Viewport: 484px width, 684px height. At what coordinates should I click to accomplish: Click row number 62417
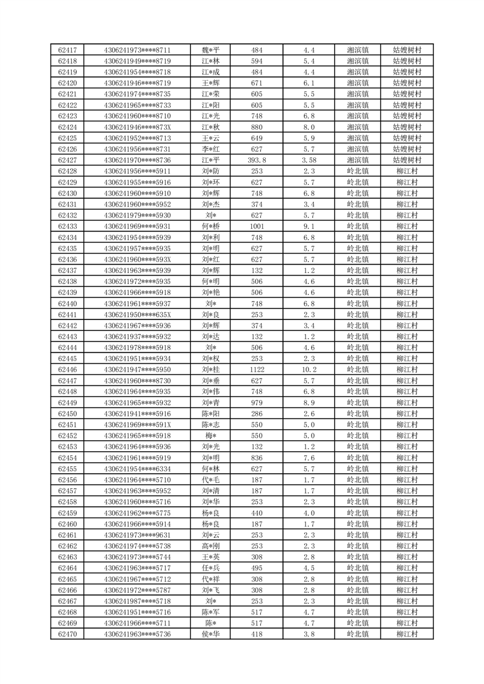pos(67,50)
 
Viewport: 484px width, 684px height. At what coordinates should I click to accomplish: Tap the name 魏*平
pos(211,50)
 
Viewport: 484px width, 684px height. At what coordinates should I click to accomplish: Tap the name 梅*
pos(211,436)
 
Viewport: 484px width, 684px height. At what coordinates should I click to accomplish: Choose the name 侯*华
pos(211,634)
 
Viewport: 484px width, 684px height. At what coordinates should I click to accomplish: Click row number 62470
pos(67,634)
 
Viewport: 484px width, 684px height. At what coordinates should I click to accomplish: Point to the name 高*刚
pos(211,546)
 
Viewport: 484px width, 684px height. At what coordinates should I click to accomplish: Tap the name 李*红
pos(211,149)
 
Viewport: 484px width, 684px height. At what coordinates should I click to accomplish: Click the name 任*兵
pos(211,568)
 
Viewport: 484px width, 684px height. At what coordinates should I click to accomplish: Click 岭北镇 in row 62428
pos(357,171)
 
